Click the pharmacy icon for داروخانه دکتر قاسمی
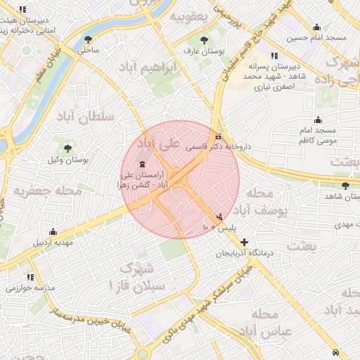219,135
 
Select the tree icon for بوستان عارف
204,40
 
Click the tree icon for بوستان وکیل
67,148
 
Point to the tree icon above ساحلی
88,39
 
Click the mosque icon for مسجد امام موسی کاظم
318,119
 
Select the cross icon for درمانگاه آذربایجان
244,242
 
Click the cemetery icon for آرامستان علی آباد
153,164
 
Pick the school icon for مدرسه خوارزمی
30,277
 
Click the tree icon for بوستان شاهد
345,186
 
